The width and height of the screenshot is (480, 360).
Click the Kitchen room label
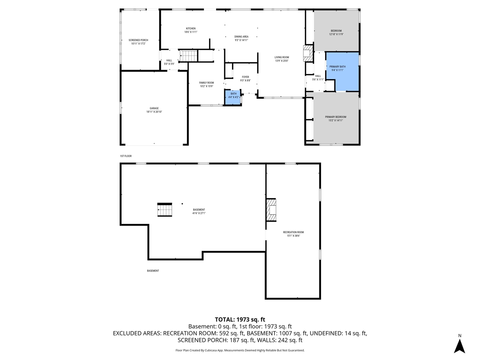point(190,28)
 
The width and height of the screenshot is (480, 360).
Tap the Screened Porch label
point(138,40)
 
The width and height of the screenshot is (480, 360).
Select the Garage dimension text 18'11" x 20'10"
point(154,112)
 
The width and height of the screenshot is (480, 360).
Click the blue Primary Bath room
point(342,71)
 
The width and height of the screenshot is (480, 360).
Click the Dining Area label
point(241,37)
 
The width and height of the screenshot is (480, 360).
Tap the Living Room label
point(282,57)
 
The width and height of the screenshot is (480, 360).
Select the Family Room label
point(206,83)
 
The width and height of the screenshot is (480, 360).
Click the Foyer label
point(245,77)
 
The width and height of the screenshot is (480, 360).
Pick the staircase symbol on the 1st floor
point(188,56)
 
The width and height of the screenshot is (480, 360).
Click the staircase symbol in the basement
point(164,210)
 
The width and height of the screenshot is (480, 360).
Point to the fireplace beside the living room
point(308,54)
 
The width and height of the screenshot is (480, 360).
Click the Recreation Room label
point(293,232)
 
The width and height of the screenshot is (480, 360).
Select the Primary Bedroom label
point(336,117)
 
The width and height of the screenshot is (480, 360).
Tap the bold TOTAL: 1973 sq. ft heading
point(240,319)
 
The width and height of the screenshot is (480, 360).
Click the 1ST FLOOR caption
point(126,156)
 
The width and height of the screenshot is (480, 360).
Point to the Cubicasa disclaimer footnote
point(240,350)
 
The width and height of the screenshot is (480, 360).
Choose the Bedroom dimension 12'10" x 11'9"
point(336,34)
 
